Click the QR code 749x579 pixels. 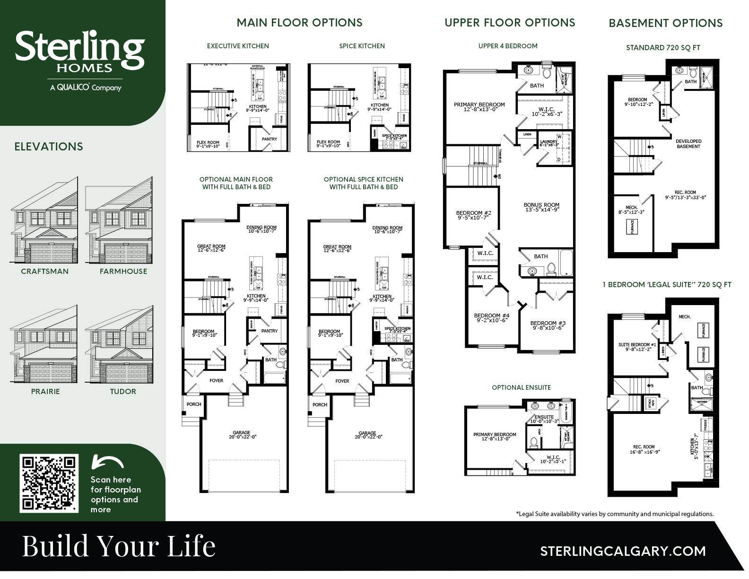(49, 482)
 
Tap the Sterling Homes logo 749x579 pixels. (79, 60)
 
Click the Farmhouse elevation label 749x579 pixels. (123, 272)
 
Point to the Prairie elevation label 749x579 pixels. (45, 392)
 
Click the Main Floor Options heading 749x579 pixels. (299, 23)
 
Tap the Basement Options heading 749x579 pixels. (665, 23)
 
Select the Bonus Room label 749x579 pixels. (541, 205)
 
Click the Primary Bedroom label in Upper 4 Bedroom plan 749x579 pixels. (479, 105)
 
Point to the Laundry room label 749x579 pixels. (549, 141)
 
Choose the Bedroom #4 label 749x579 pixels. (491, 316)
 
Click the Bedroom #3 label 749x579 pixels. (548, 323)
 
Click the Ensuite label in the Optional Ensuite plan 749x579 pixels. (544, 417)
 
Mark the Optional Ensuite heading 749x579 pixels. (521, 387)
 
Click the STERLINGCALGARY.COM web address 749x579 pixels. (623, 551)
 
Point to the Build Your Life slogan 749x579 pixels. (119, 546)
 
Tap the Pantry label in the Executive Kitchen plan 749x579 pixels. (269, 139)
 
